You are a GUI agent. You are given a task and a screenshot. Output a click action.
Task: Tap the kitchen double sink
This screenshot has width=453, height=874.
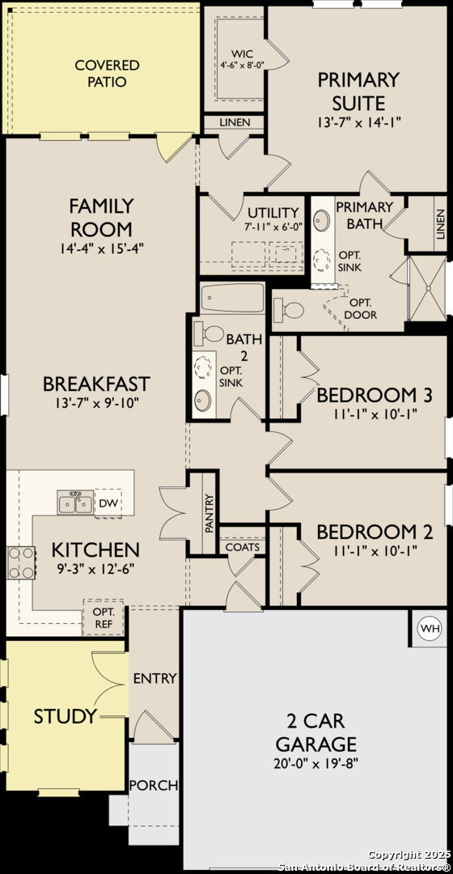(x=75, y=503)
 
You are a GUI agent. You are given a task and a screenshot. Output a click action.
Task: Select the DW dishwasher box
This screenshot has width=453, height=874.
(x=108, y=504)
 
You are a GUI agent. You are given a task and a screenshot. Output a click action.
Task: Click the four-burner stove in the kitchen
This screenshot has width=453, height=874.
(x=20, y=562)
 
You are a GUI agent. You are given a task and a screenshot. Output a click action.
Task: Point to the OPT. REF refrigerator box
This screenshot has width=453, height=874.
(x=103, y=618)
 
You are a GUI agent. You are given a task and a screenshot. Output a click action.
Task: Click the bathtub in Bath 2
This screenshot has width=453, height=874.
(x=232, y=298)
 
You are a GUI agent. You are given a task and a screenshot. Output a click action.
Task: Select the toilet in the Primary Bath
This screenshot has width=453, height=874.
(x=289, y=309)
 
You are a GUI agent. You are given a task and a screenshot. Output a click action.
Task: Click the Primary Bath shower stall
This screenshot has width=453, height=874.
(x=428, y=288)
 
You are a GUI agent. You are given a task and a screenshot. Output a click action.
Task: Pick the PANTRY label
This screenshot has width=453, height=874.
(x=210, y=513)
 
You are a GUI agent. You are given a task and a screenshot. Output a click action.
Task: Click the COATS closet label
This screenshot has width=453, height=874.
(x=243, y=547)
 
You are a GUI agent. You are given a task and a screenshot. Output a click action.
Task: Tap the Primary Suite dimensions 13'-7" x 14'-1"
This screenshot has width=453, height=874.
(x=359, y=121)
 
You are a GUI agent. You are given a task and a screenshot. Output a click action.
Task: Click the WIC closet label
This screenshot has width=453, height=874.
(x=243, y=54)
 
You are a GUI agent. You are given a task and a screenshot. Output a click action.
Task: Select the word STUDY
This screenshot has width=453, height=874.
(x=66, y=716)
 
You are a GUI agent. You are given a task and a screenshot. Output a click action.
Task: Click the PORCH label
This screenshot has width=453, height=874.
(x=153, y=785)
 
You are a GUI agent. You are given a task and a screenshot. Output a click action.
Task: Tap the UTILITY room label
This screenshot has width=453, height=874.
(x=273, y=212)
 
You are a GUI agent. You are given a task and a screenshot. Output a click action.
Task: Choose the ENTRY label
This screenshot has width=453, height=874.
(x=155, y=678)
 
